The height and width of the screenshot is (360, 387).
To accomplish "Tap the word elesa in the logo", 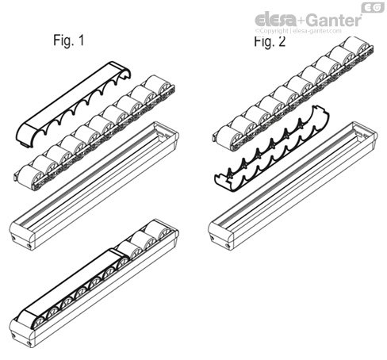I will coord(277,18).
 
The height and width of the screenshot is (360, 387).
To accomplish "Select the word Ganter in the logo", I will coord(331,18).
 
